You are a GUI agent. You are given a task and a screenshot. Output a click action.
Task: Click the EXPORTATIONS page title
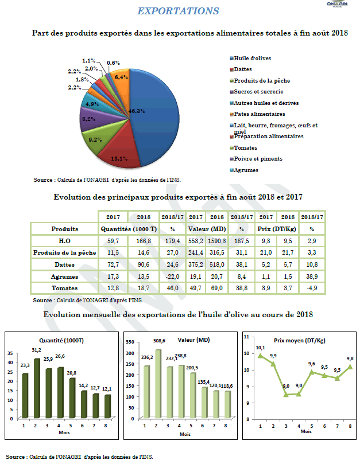click(178, 11)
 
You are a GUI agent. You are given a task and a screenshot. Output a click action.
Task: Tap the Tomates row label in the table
click(65, 287)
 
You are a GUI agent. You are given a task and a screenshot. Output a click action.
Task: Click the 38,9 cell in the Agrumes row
click(312, 276)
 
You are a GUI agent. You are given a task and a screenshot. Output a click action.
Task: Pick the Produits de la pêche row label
click(65, 253)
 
